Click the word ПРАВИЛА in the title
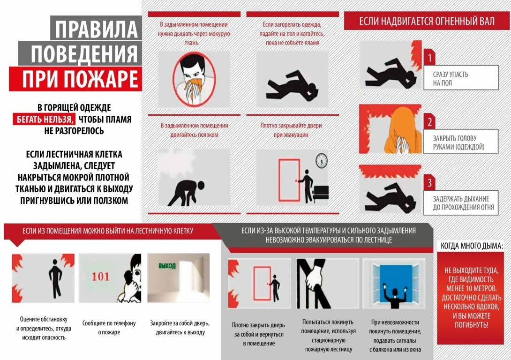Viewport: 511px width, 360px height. pos(97,29)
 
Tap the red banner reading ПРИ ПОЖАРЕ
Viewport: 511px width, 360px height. pos(75,79)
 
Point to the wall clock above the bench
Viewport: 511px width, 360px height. pos(322,161)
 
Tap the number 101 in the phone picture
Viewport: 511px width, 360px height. pos(100,277)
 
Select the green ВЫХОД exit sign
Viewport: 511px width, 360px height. pos(167,266)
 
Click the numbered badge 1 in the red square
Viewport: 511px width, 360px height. pos(429,58)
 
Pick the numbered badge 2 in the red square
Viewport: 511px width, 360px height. pos(429,122)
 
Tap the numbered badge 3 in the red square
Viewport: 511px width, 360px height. pos(429,183)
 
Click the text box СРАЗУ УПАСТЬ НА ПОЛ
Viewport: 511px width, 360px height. pos(461,78)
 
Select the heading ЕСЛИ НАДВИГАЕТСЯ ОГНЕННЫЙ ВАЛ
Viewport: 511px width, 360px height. pos(427,21)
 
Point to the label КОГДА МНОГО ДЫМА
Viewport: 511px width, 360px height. pos(472,246)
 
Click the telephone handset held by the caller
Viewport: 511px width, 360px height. pos(131,279)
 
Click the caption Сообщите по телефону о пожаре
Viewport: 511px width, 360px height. pos(109,327)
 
